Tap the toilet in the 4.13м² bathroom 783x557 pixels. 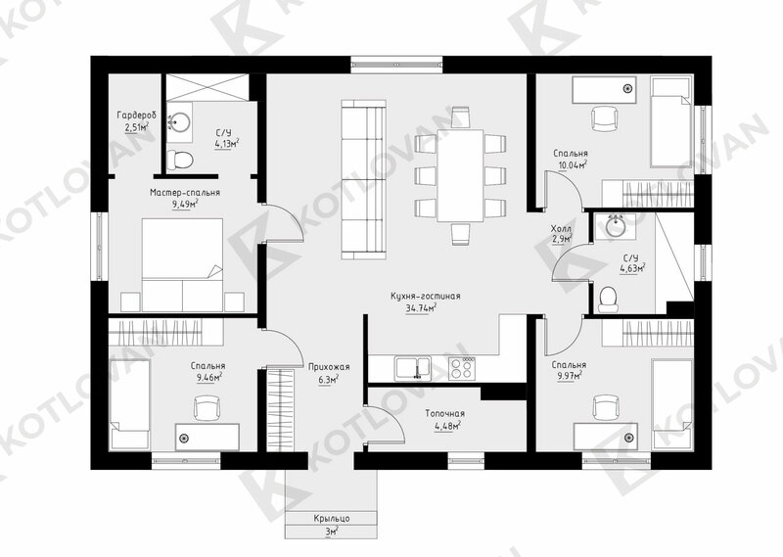tap(180, 160)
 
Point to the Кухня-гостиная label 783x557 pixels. tap(426, 297)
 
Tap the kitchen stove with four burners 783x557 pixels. tap(461, 369)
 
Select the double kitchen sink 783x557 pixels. tap(413, 369)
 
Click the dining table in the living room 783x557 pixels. tap(460, 175)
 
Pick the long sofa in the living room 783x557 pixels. tap(363, 179)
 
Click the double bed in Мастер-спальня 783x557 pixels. tap(182, 264)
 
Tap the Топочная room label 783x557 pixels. tap(445, 414)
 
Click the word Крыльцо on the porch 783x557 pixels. tap(332, 518)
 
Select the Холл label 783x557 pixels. tap(561, 229)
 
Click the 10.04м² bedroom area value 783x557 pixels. tap(570, 165)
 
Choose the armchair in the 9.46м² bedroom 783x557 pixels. tap(207, 408)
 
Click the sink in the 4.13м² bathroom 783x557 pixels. tap(179, 120)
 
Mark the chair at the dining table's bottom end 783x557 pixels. tap(460, 234)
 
